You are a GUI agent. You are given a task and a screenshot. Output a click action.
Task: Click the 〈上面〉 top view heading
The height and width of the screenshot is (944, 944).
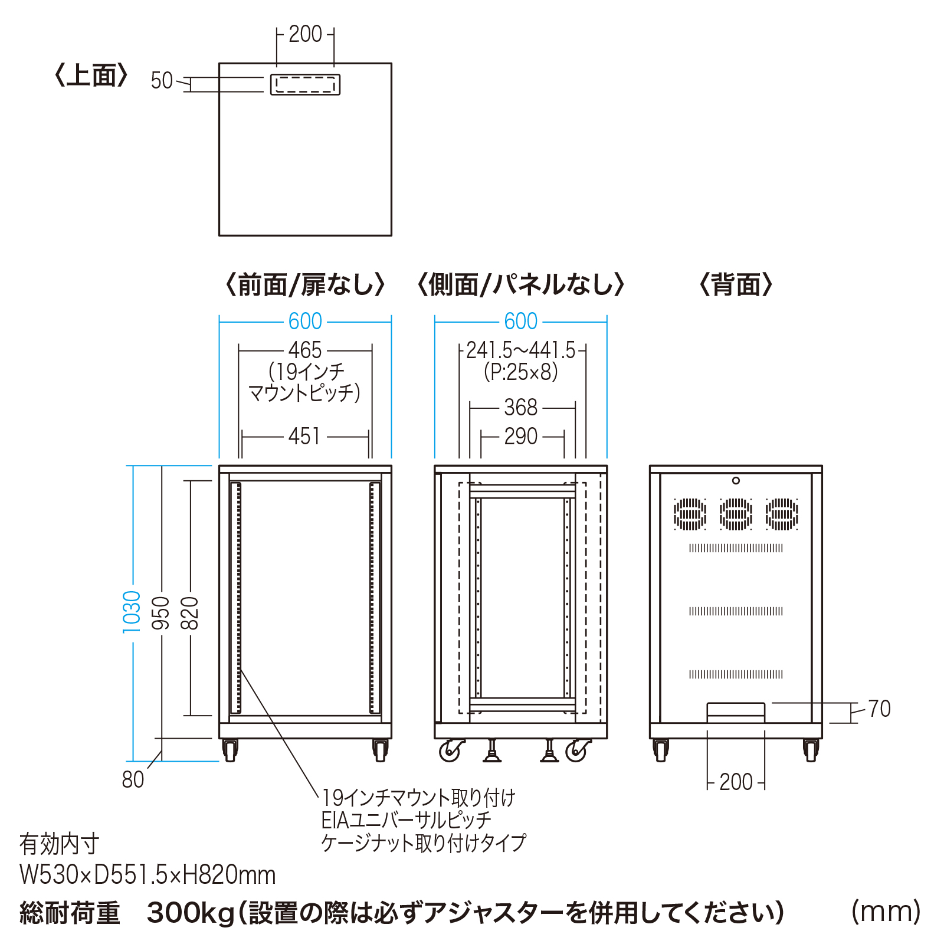(x=91, y=76)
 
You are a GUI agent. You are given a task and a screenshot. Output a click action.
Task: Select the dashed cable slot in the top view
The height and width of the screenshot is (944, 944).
(x=305, y=84)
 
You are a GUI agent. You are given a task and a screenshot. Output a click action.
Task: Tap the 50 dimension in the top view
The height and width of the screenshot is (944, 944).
(x=161, y=81)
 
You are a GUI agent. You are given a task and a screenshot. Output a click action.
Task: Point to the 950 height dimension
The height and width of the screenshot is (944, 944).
(x=161, y=612)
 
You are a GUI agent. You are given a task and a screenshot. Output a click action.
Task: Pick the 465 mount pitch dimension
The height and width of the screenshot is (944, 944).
(x=305, y=350)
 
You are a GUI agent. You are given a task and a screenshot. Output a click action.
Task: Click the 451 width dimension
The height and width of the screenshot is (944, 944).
(x=305, y=437)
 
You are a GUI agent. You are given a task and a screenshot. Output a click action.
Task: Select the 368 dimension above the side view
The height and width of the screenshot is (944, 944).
(x=520, y=408)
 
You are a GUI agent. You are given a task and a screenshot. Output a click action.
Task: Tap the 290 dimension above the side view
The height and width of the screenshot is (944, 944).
(x=520, y=437)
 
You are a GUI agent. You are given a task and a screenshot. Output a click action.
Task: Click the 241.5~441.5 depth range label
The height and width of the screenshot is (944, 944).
(x=520, y=351)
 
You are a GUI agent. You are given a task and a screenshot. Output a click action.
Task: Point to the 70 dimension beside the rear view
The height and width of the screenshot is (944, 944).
(x=879, y=709)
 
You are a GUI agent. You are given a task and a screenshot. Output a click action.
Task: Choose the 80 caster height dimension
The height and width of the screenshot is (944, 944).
(x=133, y=779)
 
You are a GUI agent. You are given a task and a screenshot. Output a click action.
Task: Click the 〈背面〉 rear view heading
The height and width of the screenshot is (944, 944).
(x=736, y=285)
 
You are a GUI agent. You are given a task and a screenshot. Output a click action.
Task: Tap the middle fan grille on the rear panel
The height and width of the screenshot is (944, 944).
(x=736, y=514)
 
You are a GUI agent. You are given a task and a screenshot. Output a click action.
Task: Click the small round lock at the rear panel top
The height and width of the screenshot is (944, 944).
(x=736, y=481)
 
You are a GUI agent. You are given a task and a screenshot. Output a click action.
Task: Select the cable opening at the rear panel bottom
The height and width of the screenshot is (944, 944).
(x=736, y=712)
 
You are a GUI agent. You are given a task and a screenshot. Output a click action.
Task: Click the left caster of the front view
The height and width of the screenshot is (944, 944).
(x=230, y=750)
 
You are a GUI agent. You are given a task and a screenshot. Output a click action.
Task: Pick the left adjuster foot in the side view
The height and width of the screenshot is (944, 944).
(x=491, y=752)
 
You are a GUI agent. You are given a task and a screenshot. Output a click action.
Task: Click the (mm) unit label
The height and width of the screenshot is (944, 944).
(x=886, y=912)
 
